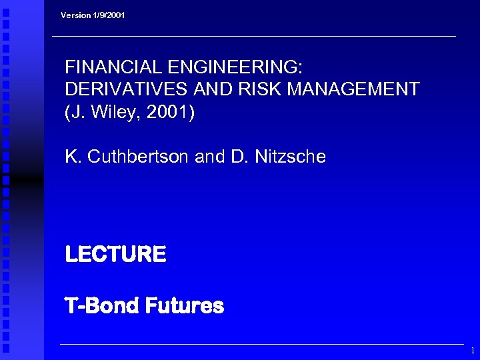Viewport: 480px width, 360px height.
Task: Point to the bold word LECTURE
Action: click(115, 254)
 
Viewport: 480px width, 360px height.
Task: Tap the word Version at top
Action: click(75, 15)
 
